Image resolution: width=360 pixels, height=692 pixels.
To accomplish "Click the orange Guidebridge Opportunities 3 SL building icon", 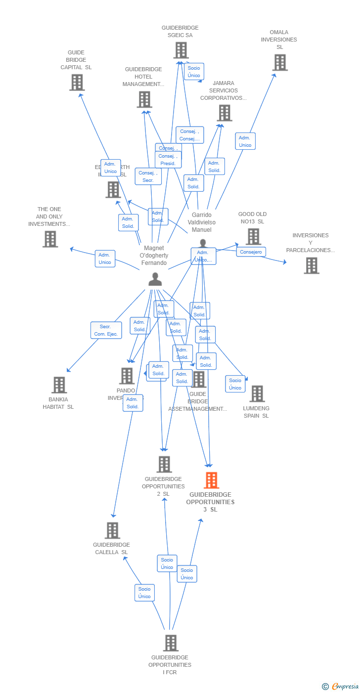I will (211, 480).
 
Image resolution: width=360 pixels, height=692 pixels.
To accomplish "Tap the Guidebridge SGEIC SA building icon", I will (181, 50).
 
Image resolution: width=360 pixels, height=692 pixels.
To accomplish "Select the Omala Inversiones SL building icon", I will (280, 63).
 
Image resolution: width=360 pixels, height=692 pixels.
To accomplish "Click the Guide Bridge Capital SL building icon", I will (77, 83).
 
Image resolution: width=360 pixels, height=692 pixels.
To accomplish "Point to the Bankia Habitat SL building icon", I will (59, 385).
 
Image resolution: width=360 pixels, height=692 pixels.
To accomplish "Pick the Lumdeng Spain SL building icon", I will (257, 394).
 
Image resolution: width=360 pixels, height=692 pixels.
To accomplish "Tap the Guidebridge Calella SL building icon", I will (112, 530).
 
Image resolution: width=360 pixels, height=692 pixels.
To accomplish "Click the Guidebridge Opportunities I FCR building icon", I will (171, 643).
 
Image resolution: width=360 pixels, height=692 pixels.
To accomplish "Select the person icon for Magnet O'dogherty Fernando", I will (155, 279).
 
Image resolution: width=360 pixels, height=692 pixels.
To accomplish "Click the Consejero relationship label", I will (251, 252).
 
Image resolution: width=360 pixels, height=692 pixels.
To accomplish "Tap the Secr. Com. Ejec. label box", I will (106, 330).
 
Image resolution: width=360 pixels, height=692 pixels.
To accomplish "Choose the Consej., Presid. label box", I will (168, 160).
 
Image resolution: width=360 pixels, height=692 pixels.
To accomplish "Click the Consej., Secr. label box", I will (148, 176).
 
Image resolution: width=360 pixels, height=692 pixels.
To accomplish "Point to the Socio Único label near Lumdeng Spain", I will (235, 384).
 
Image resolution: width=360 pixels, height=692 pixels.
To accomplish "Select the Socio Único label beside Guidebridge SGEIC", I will (194, 72).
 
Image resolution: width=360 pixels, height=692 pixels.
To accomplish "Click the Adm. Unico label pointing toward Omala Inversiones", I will (245, 141).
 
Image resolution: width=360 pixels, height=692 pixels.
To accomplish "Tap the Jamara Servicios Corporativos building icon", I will (225, 113).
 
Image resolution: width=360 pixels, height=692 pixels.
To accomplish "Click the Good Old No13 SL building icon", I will (253, 237).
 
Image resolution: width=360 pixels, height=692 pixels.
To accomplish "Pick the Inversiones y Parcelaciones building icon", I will (311, 265).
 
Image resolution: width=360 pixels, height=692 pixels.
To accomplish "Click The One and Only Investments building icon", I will (50, 239).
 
